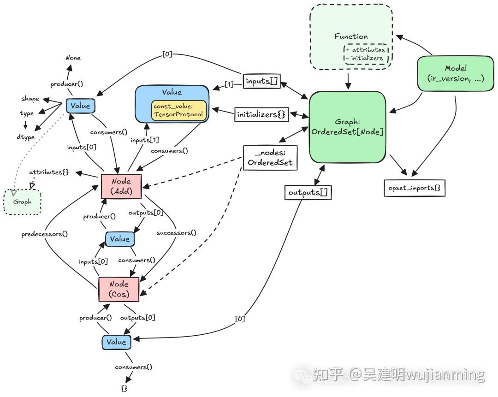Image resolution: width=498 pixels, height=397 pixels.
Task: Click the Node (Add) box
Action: pos(121,187)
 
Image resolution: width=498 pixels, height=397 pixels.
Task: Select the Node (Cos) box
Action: pos(119,289)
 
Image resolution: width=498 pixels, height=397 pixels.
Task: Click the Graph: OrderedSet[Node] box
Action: pos(347,127)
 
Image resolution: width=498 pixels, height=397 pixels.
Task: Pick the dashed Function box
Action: pos(351,37)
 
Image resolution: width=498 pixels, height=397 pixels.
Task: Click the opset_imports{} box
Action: pos(415,188)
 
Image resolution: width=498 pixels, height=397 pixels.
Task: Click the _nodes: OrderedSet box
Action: pos(270,158)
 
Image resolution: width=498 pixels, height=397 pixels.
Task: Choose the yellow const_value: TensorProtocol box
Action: pos(178,110)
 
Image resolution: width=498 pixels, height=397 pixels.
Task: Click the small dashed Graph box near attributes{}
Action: pos(22,202)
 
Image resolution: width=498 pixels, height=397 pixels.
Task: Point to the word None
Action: pos(73,58)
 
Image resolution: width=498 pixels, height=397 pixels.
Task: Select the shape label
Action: pos(30,99)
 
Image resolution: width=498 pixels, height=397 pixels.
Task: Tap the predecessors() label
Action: pos(45,234)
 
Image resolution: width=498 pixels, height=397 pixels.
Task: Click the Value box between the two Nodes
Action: pos(120,239)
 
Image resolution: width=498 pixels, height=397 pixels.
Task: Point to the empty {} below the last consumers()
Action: pos(124,389)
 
